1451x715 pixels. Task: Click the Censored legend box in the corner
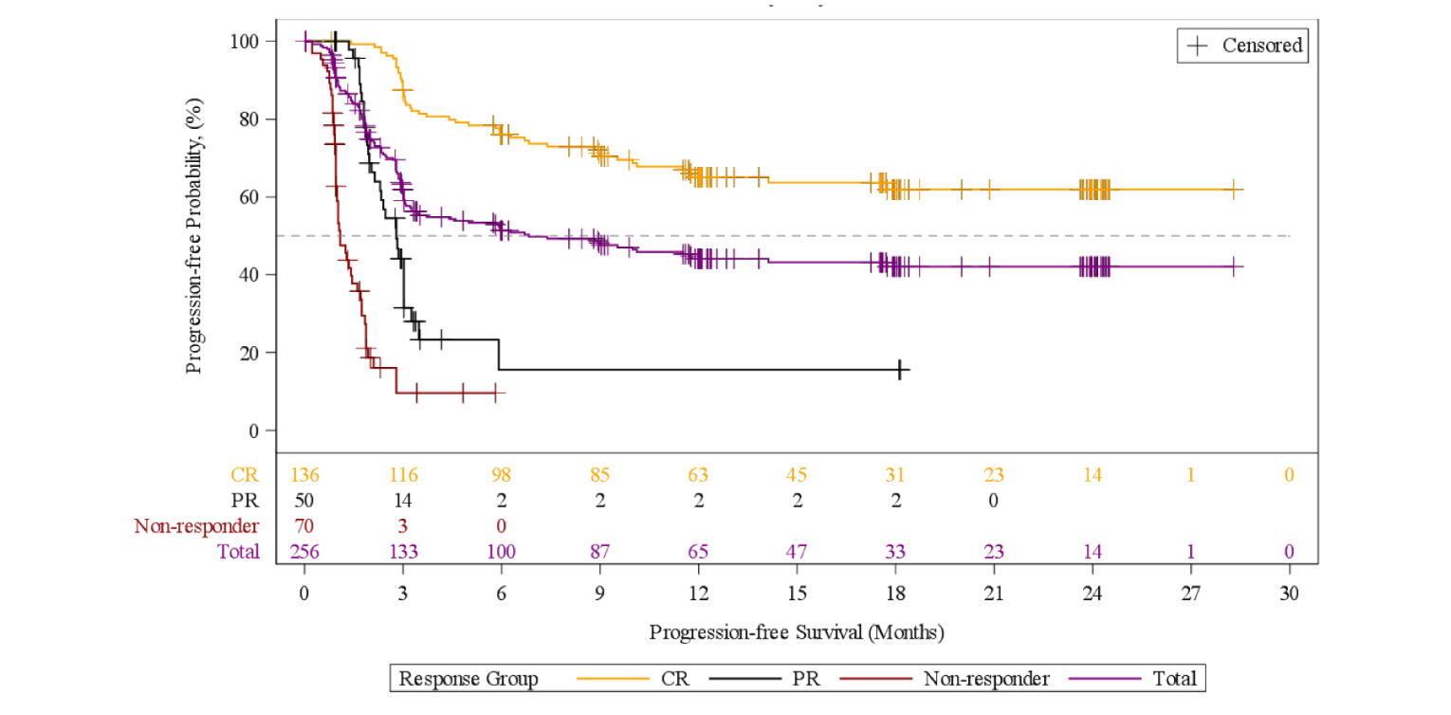(x=1242, y=46)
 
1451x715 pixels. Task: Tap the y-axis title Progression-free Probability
(x=193, y=235)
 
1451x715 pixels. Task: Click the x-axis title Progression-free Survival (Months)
(x=797, y=631)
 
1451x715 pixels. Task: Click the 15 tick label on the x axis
(x=797, y=594)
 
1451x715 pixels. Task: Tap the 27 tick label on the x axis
(x=1190, y=594)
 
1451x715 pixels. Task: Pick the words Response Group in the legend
(x=468, y=679)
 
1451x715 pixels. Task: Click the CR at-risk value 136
(x=304, y=474)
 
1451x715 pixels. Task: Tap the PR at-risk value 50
(x=304, y=500)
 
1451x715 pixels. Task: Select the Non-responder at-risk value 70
(x=304, y=525)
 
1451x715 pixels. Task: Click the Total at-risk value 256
(x=304, y=552)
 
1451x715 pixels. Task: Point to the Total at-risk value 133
(x=403, y=552)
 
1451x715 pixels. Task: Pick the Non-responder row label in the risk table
(x=196, y=525)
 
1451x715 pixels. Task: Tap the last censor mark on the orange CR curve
(x=1233, y=190)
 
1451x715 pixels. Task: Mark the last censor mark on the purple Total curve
(x=1233, y=267)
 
